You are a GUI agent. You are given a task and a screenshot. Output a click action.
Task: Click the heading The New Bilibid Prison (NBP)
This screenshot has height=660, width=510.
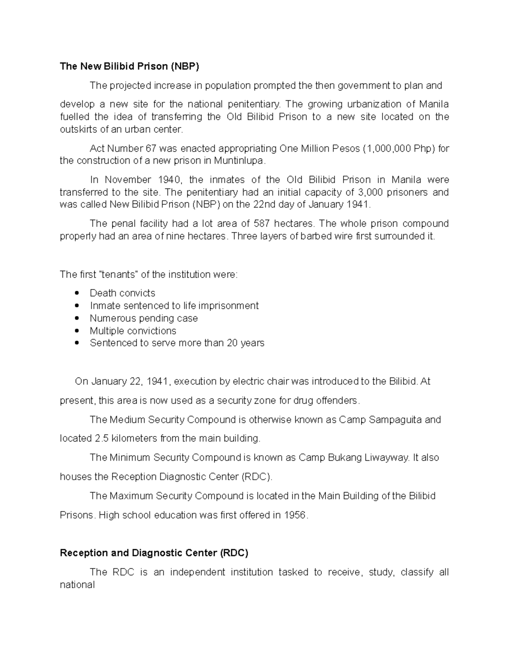tap(129, 66)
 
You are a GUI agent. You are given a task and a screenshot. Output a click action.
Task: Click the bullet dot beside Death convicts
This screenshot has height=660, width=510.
tap(76, 293)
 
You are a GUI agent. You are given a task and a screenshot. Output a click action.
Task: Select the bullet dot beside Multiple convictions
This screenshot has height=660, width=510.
tap(76, 331)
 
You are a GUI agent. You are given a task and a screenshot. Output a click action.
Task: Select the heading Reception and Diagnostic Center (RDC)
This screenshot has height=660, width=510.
tap(154, 553)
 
